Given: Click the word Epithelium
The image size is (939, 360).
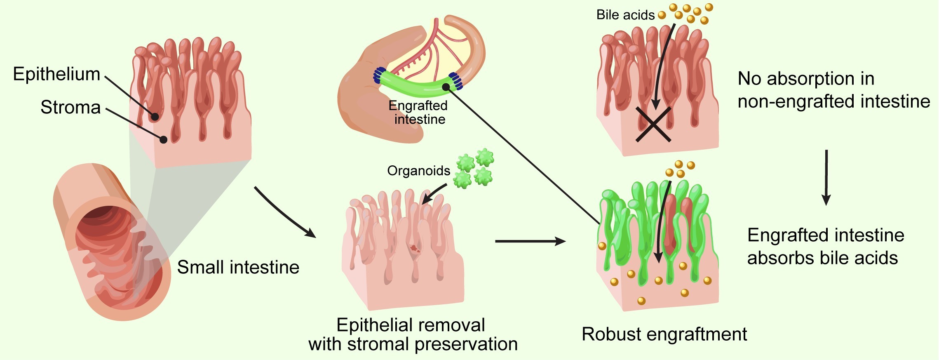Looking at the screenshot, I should pos(56,74).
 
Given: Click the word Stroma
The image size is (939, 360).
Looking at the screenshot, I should pos(70,107).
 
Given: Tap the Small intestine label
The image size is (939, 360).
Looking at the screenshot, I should pos(238,267).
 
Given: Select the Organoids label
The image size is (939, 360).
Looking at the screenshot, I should pos(418,171).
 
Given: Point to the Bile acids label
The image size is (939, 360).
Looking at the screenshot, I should pos(625,15).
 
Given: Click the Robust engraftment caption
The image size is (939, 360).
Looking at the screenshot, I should pos(664,334).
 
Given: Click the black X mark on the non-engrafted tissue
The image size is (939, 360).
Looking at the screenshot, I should pos(653,124).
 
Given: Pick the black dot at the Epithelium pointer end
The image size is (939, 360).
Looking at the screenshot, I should pos(155,117).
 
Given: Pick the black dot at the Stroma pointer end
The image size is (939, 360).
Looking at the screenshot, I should pos(164,139).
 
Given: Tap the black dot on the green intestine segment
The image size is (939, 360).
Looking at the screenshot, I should pos(446,87).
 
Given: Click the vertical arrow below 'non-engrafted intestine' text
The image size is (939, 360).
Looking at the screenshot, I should pos(826,177).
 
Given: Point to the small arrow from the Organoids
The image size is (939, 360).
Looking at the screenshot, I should pos(434,194).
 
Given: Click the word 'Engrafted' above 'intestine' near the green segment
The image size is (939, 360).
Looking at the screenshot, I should pos(418,106).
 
